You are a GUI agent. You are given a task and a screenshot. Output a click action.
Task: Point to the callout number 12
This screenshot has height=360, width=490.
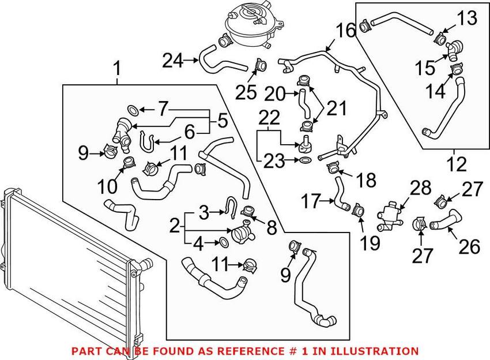pos(457,164)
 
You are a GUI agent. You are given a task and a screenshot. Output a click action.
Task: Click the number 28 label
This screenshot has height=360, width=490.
pos(421,188)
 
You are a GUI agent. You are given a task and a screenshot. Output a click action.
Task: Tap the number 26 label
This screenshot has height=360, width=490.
pos(469,247)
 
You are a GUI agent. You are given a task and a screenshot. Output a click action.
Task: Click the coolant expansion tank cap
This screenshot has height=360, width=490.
pos(252,12)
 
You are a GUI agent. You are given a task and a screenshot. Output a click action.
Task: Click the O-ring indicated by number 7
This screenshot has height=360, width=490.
pos(132,108)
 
